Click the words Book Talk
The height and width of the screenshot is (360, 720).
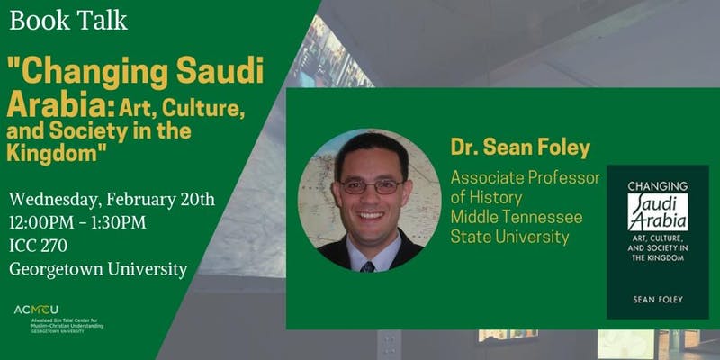pyautogui.click(x=68, y=20)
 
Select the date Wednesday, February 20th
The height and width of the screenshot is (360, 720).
pyautogui.click(x=112, y=200)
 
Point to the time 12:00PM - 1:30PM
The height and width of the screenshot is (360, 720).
pyautogui.click(x=77, y=222)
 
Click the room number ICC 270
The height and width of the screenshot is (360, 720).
pyautogui.click(x=38, y=246)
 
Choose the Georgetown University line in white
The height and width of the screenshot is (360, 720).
pyautogui.click(x=98, y=269)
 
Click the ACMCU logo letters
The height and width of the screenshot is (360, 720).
pyautogui.click(x=36, y=310)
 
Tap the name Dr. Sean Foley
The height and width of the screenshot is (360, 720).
pyautogui.click(x=520, y=148)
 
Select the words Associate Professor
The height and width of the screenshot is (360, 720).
pyautogui.click(x=526, y=178)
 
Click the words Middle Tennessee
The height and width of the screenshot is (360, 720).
pyautogui.click(x=517, y=217)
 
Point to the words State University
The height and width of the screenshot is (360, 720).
pyautogui.click(x=509, y=237)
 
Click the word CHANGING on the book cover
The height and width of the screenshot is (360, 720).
pyautogui.click(x=658, y=186)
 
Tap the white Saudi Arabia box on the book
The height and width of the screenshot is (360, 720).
pyautogui.click(x=658, y=211)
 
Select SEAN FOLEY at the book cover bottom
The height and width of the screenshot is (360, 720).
pyautogui.click(x=658, y=300)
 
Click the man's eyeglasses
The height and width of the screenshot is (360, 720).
pyautogui.click(x=371, y=186)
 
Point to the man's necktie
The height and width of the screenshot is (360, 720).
pyautogui.click(x=367, y=267)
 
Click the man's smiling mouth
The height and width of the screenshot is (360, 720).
pyautogui.click(x=371, y=215)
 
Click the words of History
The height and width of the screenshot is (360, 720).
pyautogui.click(x=486, y=198)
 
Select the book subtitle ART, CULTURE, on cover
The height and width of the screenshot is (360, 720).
pyautogui.click(x=658, y=238)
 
